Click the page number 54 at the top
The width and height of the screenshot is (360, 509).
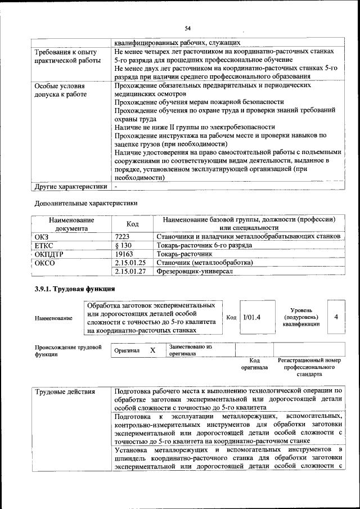pyautogui.click(x=188, y=28)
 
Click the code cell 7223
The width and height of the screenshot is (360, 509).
pyautogui.click(x=123, y=237)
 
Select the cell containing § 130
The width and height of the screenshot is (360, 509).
pyautogui.click(x=123, y=246)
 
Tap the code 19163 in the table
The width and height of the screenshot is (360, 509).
pyautogui.click(x=124, y=254)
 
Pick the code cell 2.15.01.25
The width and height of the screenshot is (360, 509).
pyautogui.click(x=130, y=263)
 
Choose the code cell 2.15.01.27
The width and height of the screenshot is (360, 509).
pyautogui.click(x=130, y=271)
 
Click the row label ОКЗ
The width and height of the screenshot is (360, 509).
pyautogui.click(x=42, y=237)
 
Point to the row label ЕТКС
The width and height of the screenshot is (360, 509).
pyautogui.click(x=44, y=246)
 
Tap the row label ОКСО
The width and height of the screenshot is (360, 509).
pyautogui.click(x=44, y=263)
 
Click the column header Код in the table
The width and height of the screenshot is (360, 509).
pyautogui.click(x=132, y=224)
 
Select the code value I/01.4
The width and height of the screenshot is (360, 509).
pyautogui.click(x=251, y=317)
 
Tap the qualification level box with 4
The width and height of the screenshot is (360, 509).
pyautogui.click(x=336, y=317)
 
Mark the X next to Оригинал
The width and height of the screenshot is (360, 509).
pyautogui.click(x=152, y=350)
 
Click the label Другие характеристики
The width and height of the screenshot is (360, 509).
pyautogui.click(x=70, y=186)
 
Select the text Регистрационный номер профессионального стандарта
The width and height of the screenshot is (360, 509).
pyautogui.click(x=309, y=366)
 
